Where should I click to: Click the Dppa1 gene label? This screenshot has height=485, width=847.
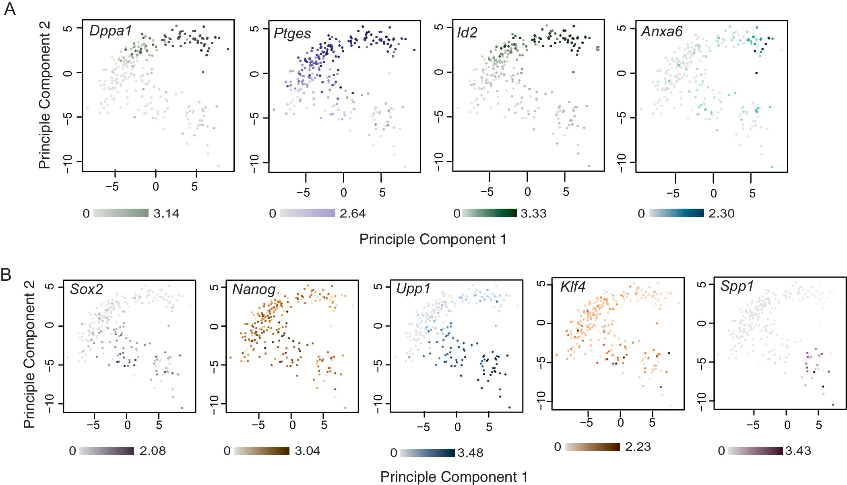[x=110, y=31]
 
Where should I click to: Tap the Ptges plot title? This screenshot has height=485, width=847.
[x=292, y=33]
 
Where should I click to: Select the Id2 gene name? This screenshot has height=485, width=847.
[x=467, y=32]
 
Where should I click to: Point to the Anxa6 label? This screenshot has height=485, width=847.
[x=662, y=31]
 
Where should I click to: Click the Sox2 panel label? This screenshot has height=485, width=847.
[x=87, y=289]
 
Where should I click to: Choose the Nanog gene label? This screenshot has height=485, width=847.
[x=254, y=289]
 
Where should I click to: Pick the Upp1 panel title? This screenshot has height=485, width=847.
[x=413, y=288]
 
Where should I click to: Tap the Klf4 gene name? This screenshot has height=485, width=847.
[x=572, y=287]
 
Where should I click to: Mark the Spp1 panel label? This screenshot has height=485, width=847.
[x=737, y=286]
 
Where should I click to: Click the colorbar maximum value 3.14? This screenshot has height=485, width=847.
[x=166, y=213]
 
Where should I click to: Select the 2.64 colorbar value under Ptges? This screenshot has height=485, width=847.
[x=353, y=213]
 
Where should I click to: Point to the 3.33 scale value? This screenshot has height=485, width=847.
[x=533, y=213]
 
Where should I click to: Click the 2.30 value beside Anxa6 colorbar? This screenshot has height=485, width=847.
[x=721, y=213]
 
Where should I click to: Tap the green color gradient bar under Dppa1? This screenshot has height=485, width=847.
[x=121, y=213]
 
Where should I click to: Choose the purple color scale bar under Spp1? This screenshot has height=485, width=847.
[x=755, y=451]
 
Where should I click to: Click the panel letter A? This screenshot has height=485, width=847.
[x=10, y=9]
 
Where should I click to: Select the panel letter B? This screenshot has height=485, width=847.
[x=6, y=275]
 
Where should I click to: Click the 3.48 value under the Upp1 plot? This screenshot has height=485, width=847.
[x=470, y=453]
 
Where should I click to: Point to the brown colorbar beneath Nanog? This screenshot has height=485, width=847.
[x=262, y=451]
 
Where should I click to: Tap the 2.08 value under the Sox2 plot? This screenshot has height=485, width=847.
[x=153, y=451]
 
